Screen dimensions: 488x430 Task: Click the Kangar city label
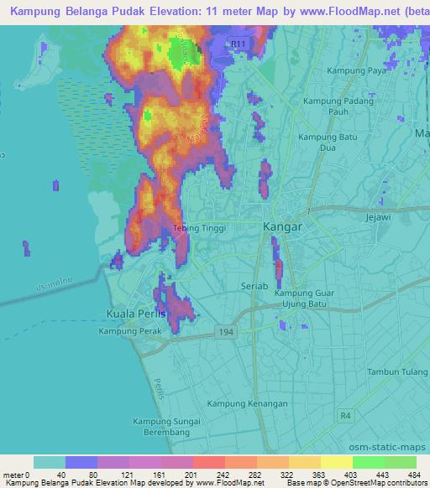pos(282,226)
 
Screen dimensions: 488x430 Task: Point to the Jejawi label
pos(380,216)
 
